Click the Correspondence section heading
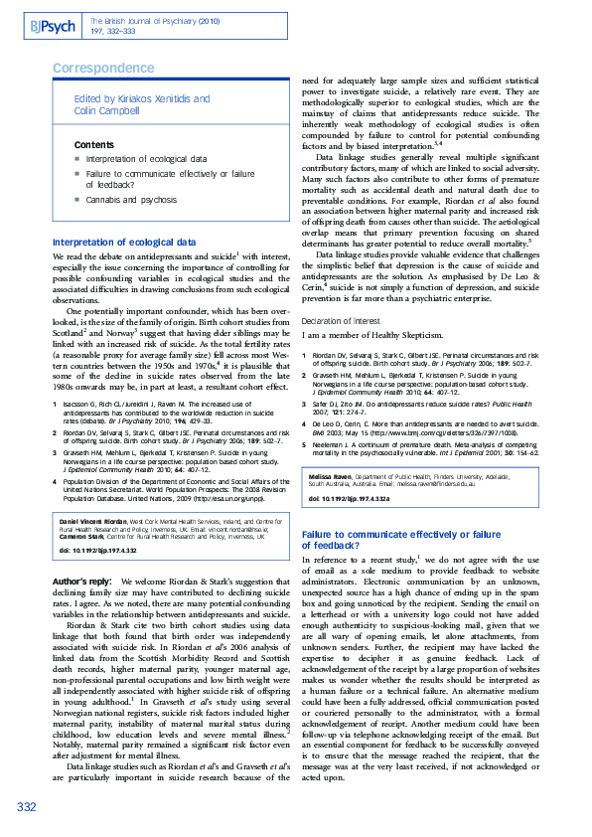[103, 68]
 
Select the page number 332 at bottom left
[27, 806]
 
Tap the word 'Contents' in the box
[94, 145]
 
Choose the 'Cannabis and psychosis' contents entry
[139, 199]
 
